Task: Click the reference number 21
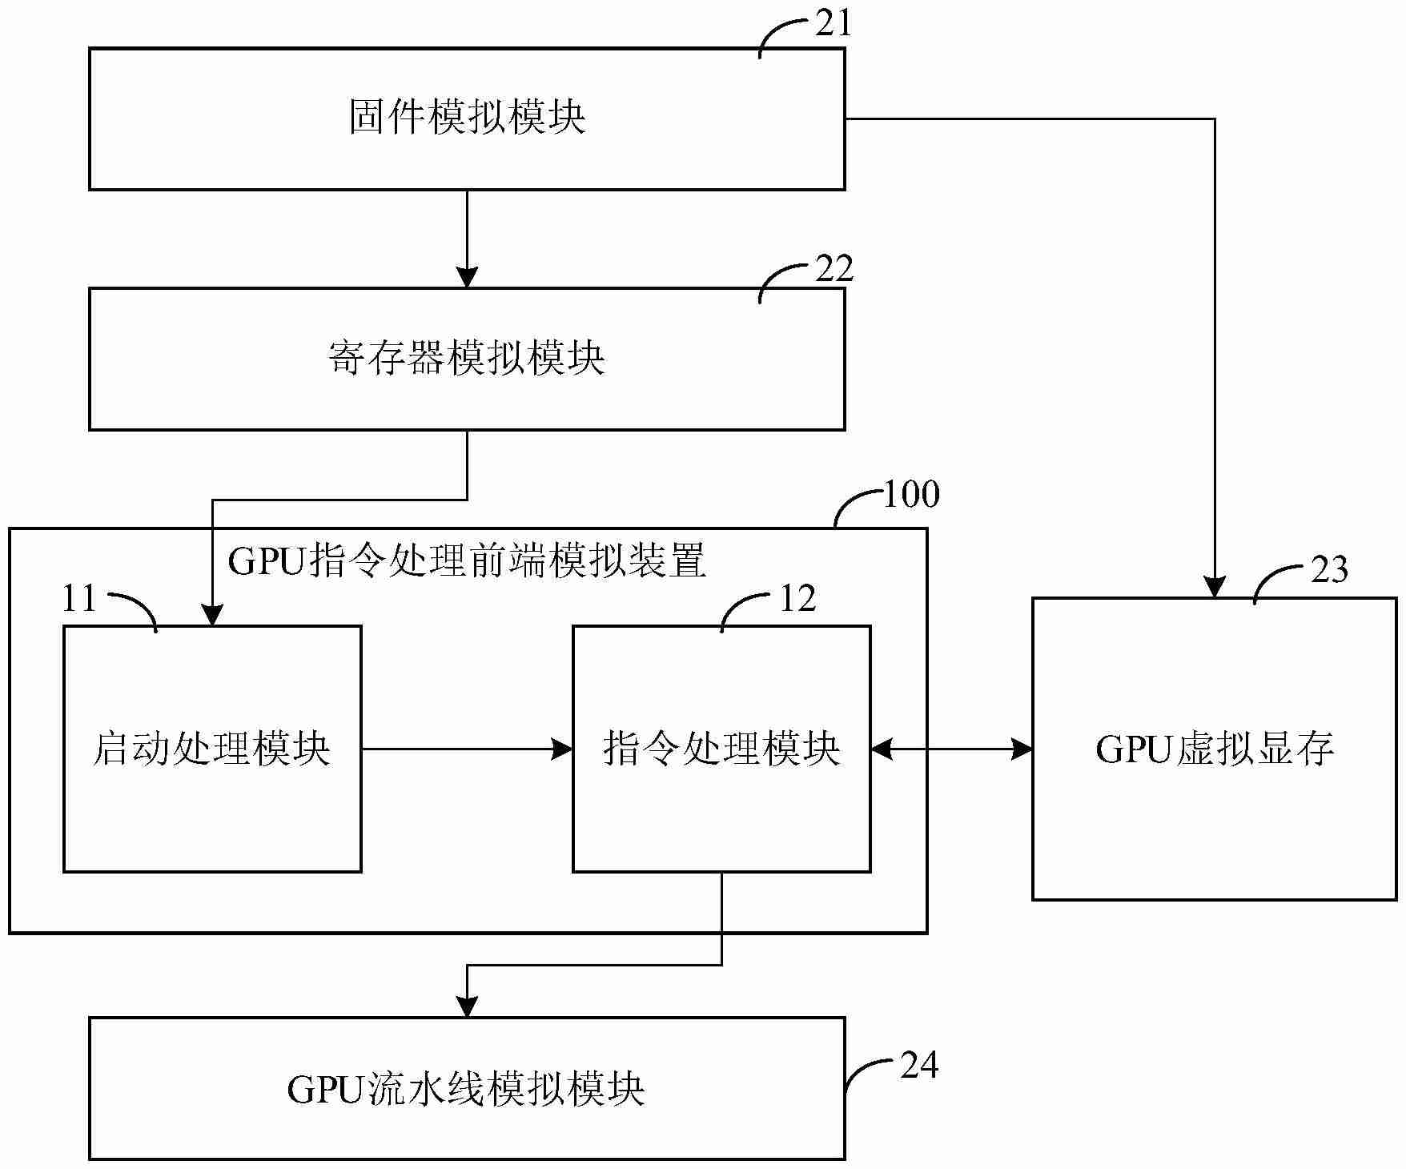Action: click(x=833, y=24)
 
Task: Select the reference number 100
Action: click(x=910, y=494)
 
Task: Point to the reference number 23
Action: click(x=1329, y=570)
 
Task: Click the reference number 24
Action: click(x=918, y=1065)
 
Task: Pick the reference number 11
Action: click(x=79, y=599)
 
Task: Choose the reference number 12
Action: click(x=797, y=599)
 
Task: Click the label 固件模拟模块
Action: click(x=467, y=118)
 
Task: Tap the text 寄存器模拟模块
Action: click(x=467, y=358)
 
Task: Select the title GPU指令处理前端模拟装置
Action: click(x=467, y=560)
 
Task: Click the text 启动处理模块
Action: click(x=212, y=749)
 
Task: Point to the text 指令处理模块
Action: click(x=721, y=749)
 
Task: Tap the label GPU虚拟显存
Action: click(x=1215, y=749)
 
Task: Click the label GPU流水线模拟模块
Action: click(x=467, y=1089)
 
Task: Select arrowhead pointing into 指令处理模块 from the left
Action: click(x=564, y=749)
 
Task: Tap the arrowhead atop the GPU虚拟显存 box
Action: click(x=1215, y=589)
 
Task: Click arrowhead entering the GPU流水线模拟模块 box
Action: click(x=467, y=1008)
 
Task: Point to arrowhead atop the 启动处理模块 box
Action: click(x=212, y=616)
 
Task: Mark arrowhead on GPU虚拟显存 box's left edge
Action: click(x=1022, y=749)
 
